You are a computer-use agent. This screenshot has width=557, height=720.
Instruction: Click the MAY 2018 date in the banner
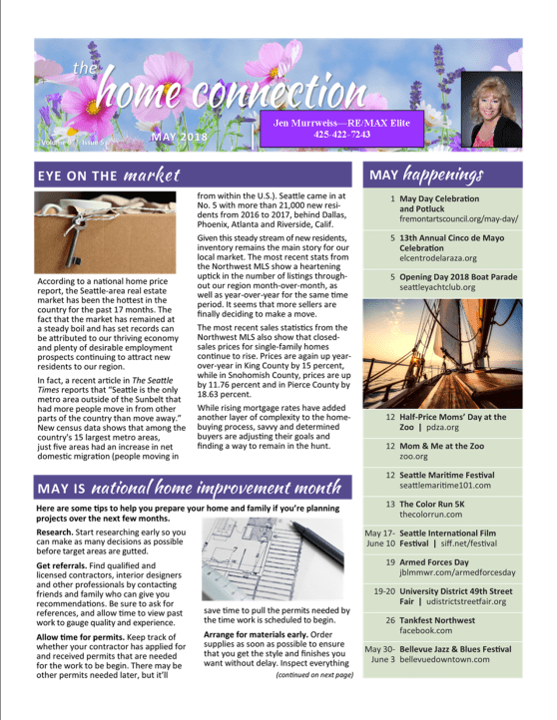(x=181, y=135)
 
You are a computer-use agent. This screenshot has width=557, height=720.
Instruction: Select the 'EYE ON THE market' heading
(x=109, y=176)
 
